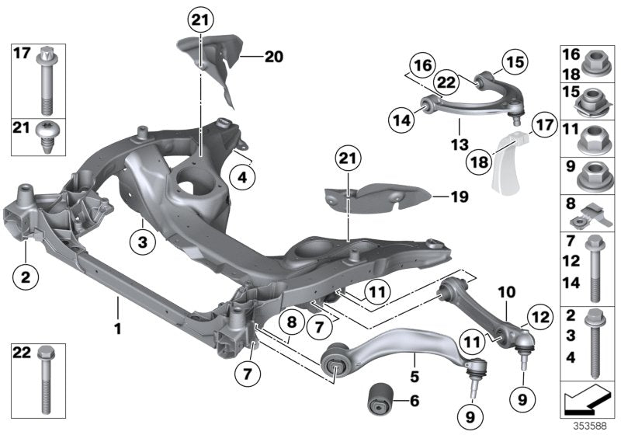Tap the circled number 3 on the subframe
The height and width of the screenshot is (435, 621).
(142, 243)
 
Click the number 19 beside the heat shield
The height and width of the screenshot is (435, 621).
(460, 197)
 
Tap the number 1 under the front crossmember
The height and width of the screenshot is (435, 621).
(119, 329)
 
